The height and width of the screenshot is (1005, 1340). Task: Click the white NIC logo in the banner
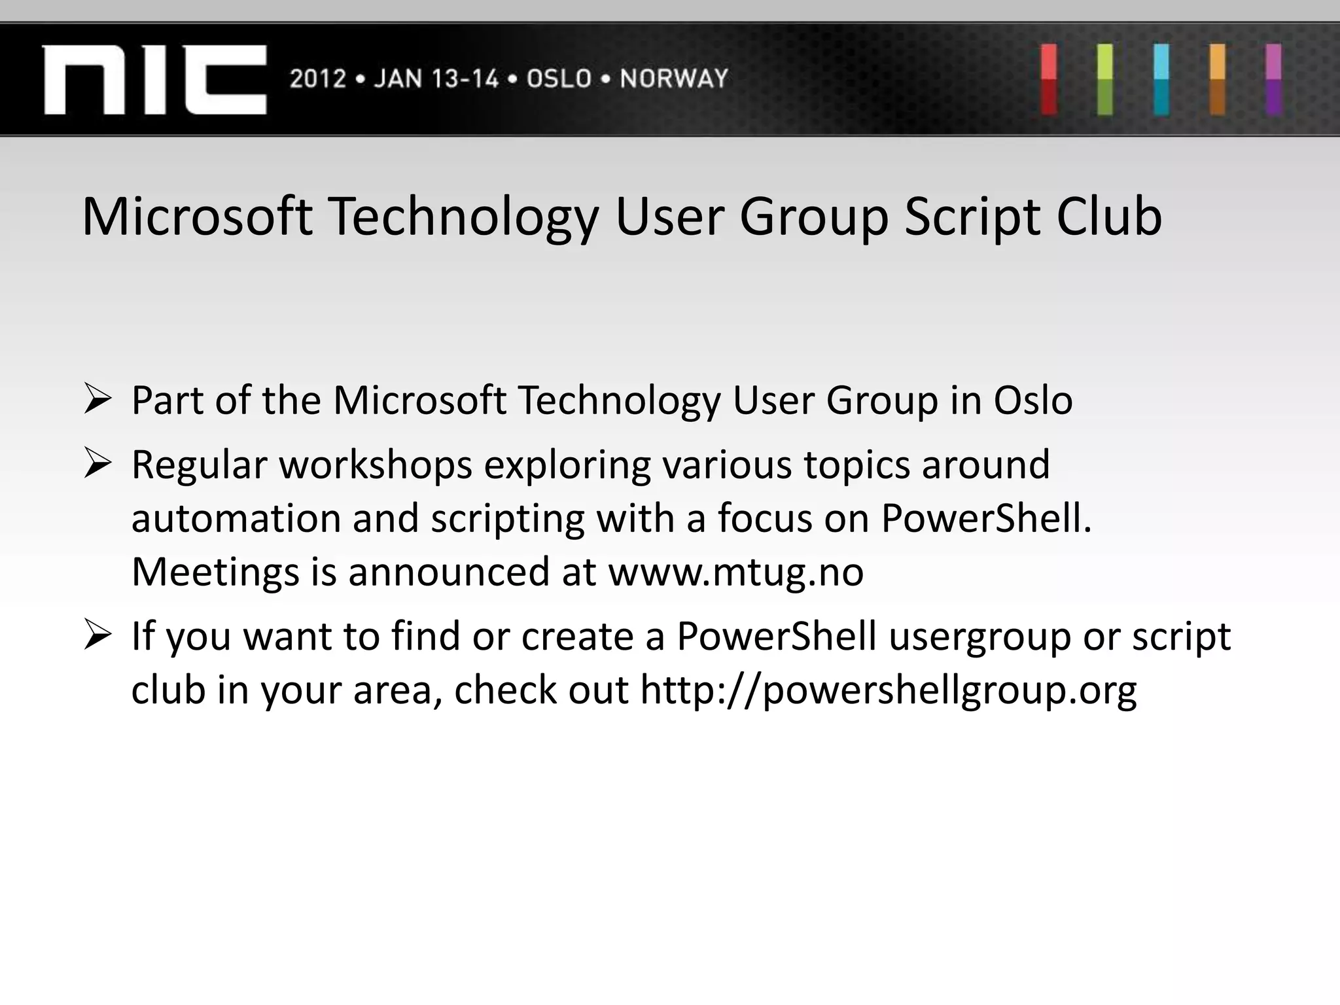[155, 79]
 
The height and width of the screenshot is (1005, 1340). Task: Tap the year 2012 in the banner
[318, 79]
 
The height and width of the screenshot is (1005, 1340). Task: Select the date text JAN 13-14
[436, 79]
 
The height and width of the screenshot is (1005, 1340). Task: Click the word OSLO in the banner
[559, 79]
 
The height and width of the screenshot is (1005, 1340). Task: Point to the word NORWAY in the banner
[674, 79]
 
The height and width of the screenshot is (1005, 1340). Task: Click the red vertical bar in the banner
[1049, 79]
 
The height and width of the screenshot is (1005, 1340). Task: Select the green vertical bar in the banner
[1105, 79]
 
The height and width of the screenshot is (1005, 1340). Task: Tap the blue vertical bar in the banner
[1161, 79]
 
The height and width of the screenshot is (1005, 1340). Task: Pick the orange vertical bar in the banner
[1218, 79]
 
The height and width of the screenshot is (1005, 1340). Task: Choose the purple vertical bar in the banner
[1273, 79]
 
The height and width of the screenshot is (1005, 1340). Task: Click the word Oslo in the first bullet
[1033, 400]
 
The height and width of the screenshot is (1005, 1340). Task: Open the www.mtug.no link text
[735, 573]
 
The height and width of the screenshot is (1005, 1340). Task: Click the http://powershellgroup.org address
[888, 690]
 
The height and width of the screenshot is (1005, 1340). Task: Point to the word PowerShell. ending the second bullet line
[986, 519]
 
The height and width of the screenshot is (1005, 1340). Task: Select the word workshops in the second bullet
[376, 465]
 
